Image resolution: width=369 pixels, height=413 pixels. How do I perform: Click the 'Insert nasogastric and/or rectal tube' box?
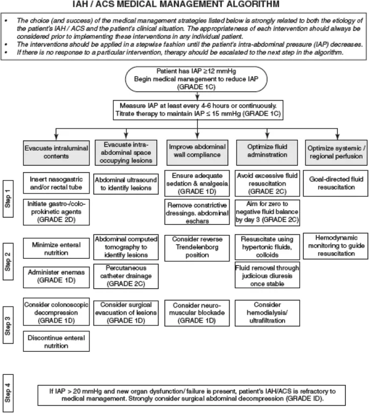pos(56,183)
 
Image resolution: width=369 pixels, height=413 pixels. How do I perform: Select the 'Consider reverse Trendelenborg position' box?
pos(198,247)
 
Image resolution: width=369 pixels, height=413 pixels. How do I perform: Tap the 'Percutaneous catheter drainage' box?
pos(125,275)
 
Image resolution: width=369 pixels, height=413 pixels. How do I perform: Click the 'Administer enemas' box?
pos(56,275)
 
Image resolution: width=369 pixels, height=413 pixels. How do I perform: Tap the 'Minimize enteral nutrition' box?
pos(56,248)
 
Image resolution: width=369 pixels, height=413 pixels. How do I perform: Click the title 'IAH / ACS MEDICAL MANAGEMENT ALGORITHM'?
pos(184,5)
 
